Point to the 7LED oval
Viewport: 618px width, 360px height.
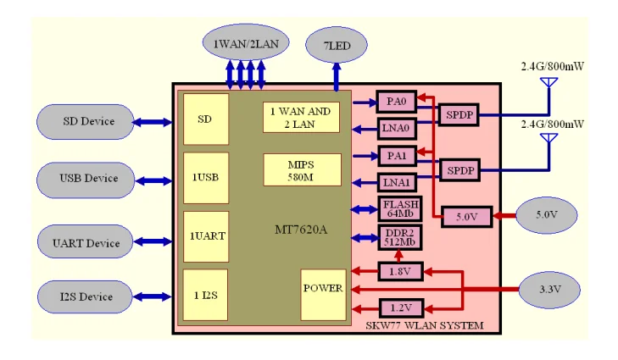point(336,42)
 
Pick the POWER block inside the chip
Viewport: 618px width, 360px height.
point(322,289)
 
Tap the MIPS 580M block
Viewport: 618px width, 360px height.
point(302,169)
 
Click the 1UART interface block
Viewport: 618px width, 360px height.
point(205,236)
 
